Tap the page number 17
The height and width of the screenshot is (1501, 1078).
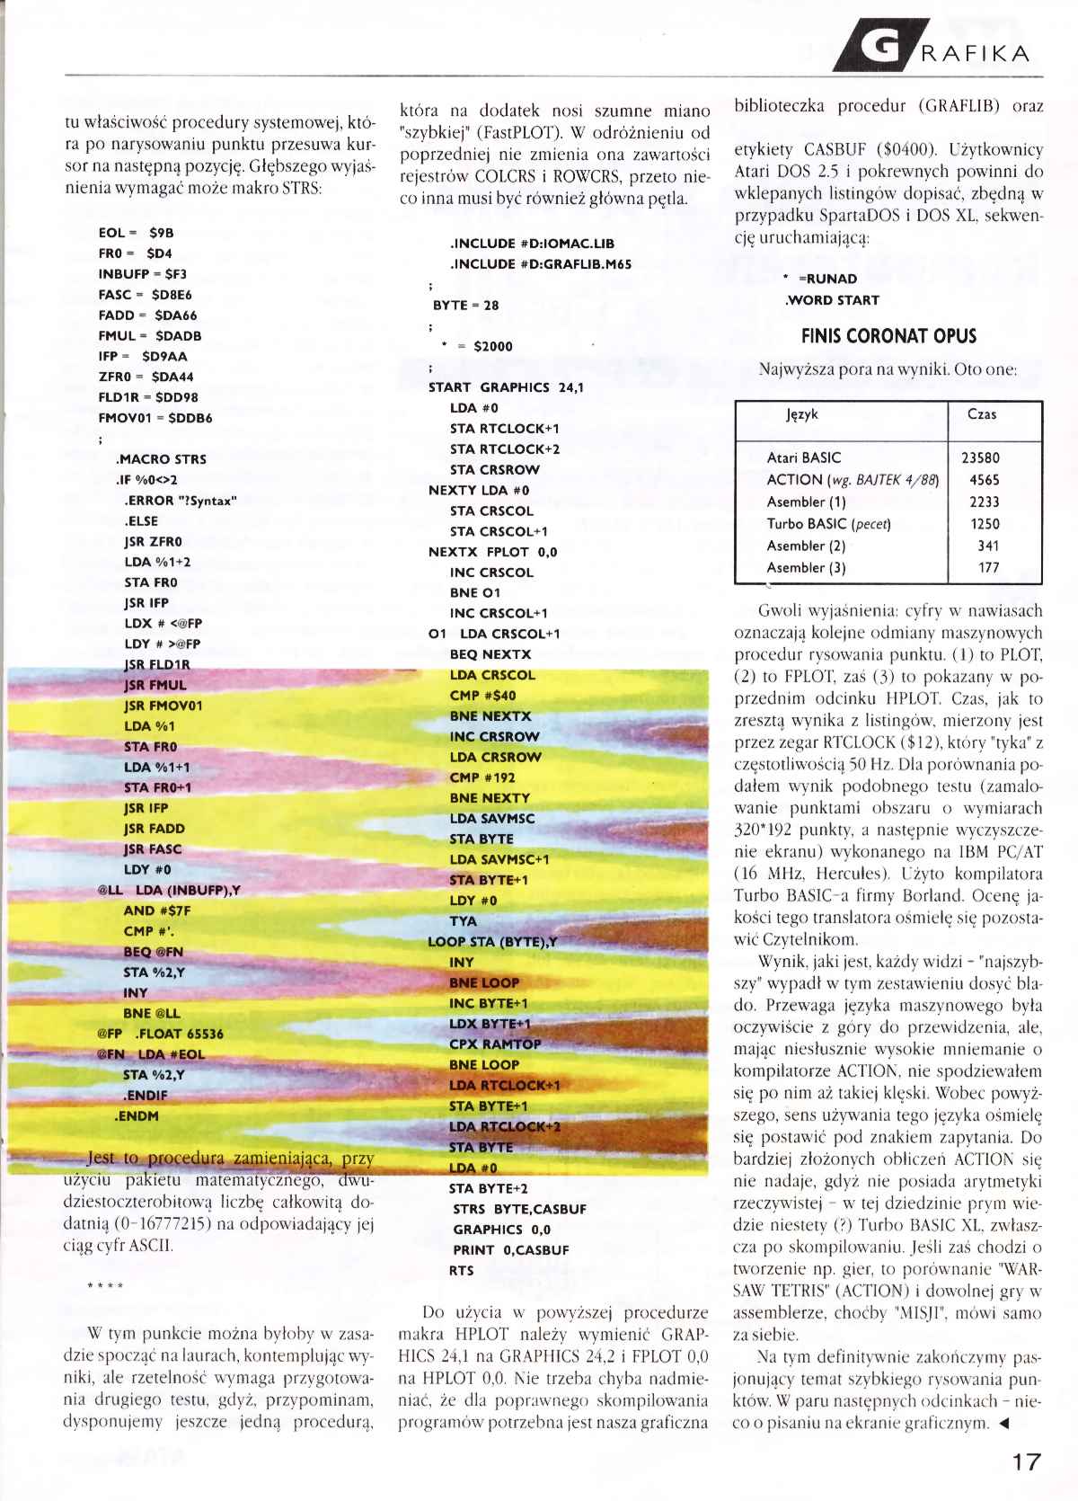pos(1026,1461)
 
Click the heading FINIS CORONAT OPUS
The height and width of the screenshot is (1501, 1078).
pos(888,336)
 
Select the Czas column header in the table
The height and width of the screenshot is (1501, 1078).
pos(981,414)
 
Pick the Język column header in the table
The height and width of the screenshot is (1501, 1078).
pos(801,415)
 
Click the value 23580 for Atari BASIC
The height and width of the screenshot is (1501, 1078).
pos(980,457)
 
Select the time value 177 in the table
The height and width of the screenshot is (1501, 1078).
pos(988,567)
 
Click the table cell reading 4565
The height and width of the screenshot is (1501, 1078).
pos(984,480)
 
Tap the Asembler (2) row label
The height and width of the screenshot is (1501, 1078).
pos(806,546)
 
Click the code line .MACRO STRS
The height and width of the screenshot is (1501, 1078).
pos(161,459)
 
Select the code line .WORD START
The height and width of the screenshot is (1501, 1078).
pos(831,300)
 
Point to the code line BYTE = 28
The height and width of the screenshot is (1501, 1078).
pos(465,306)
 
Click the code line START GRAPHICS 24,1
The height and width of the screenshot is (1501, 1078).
pos(506,387)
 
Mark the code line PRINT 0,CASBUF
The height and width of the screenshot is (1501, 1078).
pos(510,1250)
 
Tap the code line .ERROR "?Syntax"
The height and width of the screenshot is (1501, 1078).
pos(180,501)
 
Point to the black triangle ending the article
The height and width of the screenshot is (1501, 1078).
pos(1003,1423)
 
